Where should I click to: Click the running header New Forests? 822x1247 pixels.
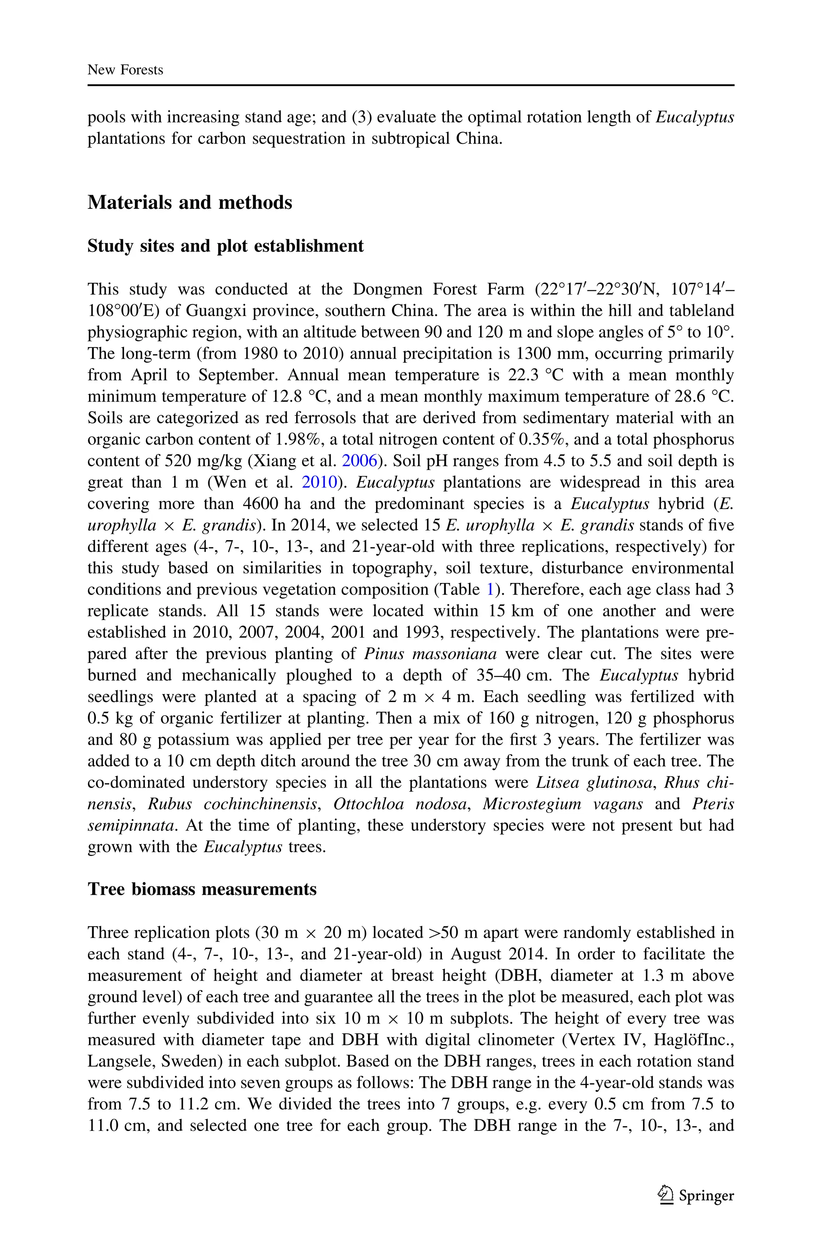[125, 70]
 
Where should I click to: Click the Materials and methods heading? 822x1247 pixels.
[190, 202]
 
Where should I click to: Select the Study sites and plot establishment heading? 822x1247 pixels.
[226, 246]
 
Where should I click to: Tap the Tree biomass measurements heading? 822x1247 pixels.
[202, 889]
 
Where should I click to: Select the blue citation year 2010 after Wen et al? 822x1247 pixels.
[318, 482]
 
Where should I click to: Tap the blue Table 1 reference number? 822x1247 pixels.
[490, 590]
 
